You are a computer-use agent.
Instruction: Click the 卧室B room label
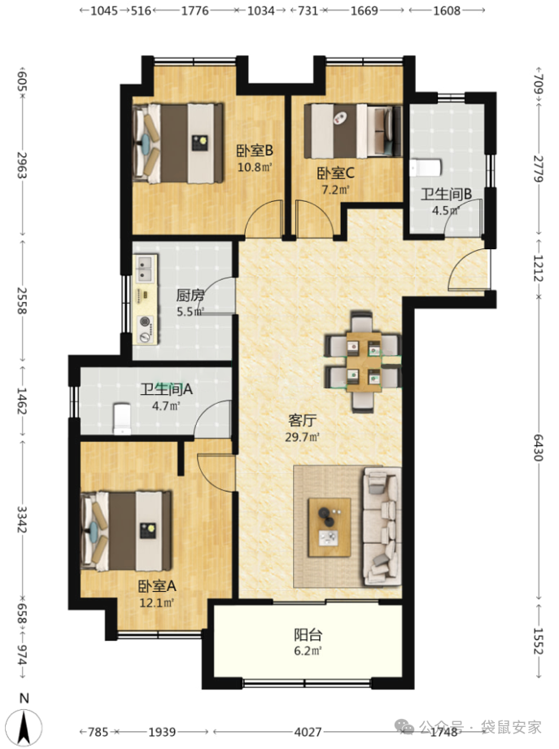point(255,151)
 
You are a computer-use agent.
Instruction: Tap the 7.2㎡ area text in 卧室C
point(335,190)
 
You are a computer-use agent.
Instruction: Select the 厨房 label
point(190,296)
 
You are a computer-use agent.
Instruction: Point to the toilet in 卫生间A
point(122,419)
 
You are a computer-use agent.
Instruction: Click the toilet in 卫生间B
point(426,168)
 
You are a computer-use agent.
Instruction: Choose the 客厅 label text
point(302,420)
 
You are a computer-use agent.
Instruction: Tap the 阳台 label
point(308,635)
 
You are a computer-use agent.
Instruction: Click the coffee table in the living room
point(330,528)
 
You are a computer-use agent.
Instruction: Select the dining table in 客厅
point(364,361)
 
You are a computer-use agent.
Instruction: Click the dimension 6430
point(539,447)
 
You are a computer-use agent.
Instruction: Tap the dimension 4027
point(308,731)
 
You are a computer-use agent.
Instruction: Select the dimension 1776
point(194,11)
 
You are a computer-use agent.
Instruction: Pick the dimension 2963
point(22,164)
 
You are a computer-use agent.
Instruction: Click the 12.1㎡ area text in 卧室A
point(156,602)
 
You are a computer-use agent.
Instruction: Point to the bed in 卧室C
point(353,131)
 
